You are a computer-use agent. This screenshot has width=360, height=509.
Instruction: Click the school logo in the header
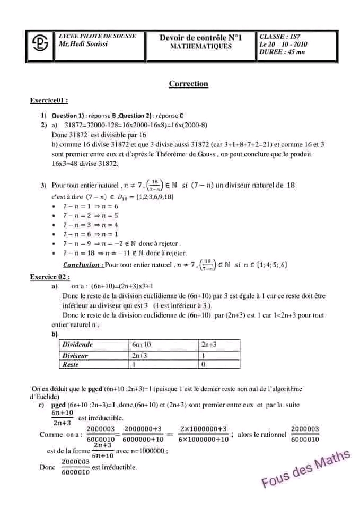point(40,45)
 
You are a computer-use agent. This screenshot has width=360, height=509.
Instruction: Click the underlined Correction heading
point(188,84)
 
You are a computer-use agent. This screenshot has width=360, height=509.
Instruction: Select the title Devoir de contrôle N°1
point(200,38)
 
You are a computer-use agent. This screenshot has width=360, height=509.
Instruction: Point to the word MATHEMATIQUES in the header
point(200,47)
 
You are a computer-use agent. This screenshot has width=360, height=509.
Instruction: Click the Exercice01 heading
point(48,100)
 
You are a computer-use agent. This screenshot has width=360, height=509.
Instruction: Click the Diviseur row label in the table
point(75,356)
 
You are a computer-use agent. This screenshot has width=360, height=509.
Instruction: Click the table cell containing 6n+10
point(142,345)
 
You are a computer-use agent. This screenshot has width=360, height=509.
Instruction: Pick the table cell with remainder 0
point(204,365)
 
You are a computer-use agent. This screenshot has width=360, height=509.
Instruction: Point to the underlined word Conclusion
point(81,265)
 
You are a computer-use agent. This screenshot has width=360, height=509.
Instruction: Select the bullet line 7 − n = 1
point(90,206)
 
